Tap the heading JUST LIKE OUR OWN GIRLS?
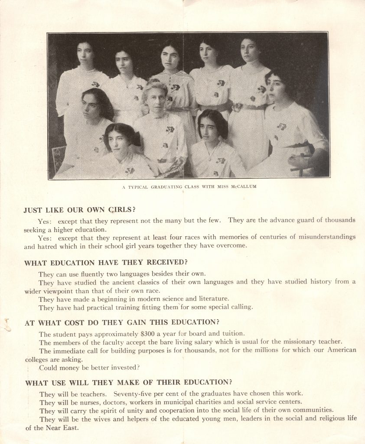pyautogui.click(x=80, y=210)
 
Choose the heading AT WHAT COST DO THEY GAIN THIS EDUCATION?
pyautogui.click(x=122, y=322)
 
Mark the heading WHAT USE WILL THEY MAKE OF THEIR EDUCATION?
pyautogui.click(x=128, y=382)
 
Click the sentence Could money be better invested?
pyautogui.click(x=89, y=367)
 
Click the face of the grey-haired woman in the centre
pyautogui.click(x=156, y=99)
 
